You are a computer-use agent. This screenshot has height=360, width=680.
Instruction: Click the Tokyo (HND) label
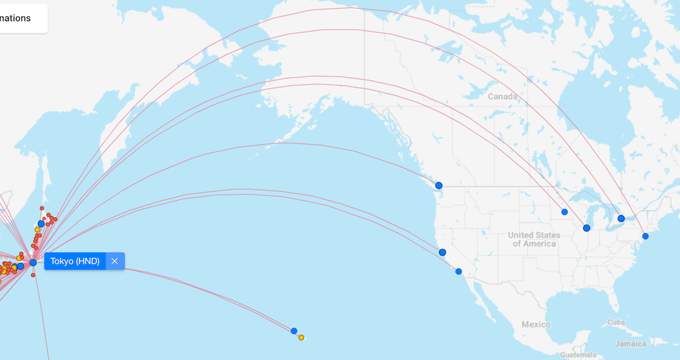pyautogui.click(x=74, y=261)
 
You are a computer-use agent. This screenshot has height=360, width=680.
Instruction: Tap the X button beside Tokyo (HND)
pyautogui.click(x=115, y=261)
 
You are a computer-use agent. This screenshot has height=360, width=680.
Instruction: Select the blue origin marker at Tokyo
pyautogui.click(x=33, y=262)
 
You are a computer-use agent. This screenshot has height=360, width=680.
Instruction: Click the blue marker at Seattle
pyautogui.click(x=438, y=185)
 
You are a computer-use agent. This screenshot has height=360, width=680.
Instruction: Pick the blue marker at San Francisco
pyautogui.click(x=442, y=252)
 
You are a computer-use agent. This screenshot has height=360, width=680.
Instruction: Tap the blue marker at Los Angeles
pyautogui.click(x=458, y=271)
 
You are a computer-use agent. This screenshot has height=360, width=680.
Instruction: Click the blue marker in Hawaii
pyautogui.click(x=294, y=331)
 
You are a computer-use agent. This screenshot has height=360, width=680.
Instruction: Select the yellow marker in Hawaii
pyautogui.click(x=301, y=337)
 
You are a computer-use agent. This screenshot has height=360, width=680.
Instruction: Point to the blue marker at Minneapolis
pyautogui.click(x=564, y=212)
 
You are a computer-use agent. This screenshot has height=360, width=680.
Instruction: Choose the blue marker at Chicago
pyautogui.click(x=586, y=228)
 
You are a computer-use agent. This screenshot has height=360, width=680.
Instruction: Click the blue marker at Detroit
pyautogui.click(x=621, y=219)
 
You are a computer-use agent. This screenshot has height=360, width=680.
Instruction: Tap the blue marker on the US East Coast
pyautogui.click(x=645, y=236)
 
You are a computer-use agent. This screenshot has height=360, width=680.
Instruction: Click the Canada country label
pyautogui.click(x=502, y=96)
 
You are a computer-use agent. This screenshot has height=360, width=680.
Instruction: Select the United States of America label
pyautogui.click(x=535, y=239)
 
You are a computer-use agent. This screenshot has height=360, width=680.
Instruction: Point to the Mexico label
pyautogui.click(x=536, y=324)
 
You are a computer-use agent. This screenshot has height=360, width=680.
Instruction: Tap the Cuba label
pyautogui.click(x=616, y=322)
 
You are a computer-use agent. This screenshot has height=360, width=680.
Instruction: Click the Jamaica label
pyautogui.click(x=630, y=343)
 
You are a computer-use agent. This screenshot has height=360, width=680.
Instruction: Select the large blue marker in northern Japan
pyautogui.click(x=41, y=224)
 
